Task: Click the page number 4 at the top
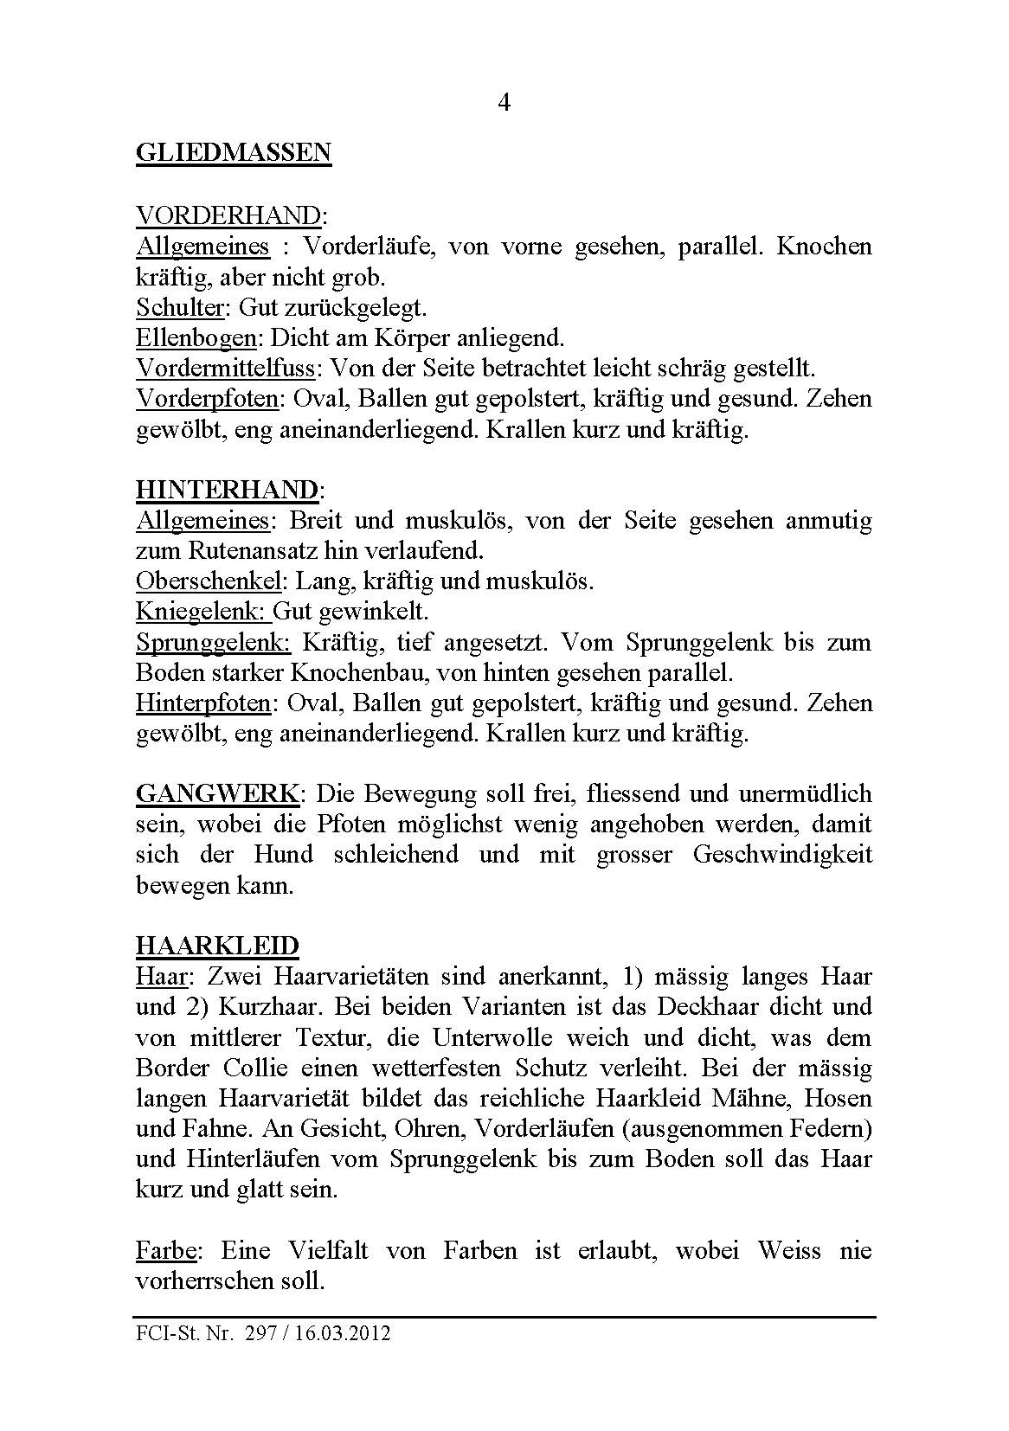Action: (504, 103)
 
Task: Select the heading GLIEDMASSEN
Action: (234, 153)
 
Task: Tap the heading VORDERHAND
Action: (228, 215)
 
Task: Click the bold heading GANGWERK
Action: (219, 793)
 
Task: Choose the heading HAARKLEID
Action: (217, 946)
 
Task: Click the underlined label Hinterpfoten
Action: (203, 703)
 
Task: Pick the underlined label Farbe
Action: (168, 1250)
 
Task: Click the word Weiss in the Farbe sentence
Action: (789, 1250)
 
